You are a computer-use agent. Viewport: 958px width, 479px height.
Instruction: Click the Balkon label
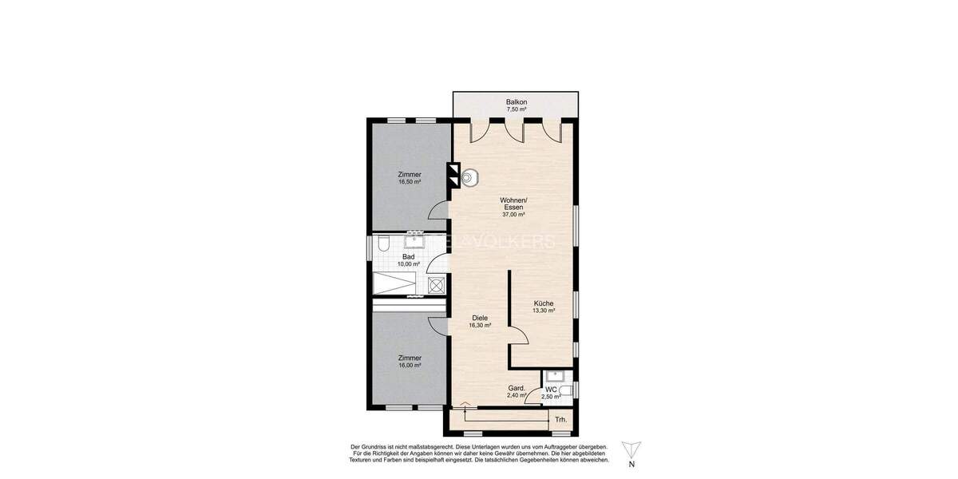(517, 102)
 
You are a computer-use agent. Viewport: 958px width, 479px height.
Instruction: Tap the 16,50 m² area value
(410, 182)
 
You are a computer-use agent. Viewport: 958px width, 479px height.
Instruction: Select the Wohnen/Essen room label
(513, 203)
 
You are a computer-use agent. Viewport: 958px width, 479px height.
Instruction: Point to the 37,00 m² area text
(513, 215)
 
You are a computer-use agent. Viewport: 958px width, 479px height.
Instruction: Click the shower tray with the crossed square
(436, 283)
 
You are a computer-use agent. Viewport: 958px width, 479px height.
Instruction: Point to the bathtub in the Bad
(395, 283)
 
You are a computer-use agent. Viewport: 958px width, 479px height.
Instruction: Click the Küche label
(544, 303)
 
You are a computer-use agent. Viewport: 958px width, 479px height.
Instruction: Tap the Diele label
(479, 318)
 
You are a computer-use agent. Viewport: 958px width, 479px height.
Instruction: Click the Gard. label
(517, 388)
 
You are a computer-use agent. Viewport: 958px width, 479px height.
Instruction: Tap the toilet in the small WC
(566, 390)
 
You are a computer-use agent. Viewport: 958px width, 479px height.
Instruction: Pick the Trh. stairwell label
(561, 419)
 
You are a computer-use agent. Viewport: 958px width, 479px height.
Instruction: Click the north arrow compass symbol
(631, 449)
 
